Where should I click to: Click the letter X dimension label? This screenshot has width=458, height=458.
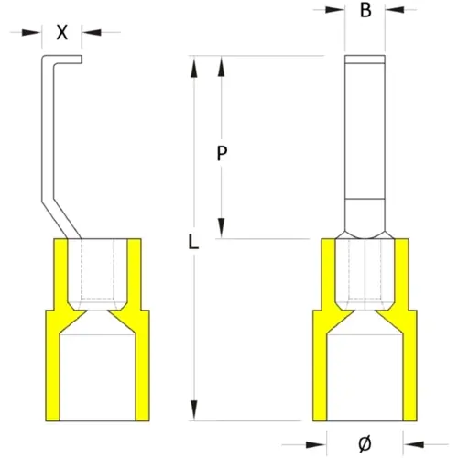62,31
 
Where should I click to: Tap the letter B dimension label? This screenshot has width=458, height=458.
365,13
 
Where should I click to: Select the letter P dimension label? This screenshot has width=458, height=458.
222,154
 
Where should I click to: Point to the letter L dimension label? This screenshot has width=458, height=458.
193,244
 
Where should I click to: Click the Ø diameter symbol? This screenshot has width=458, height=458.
365,442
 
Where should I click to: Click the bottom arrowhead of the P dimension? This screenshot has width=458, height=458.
222,230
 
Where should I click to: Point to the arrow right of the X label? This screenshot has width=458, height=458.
88,32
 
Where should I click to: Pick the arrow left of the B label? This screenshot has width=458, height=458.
337,12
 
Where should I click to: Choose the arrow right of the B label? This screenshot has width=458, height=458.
393,12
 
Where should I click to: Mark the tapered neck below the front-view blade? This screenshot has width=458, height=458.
365,232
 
